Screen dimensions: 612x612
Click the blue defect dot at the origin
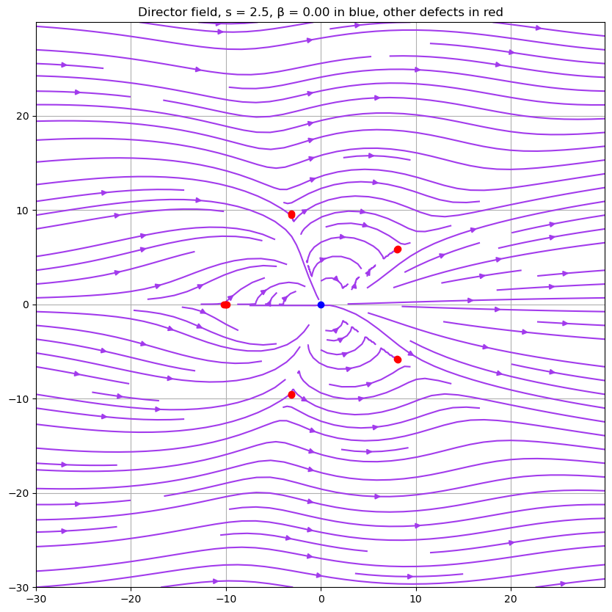321,305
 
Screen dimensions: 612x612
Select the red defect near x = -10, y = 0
225,305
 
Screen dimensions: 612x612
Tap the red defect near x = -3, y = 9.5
291,214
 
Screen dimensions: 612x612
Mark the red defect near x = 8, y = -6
398,360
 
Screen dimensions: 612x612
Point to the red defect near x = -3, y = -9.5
291,395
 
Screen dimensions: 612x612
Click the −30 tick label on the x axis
36,598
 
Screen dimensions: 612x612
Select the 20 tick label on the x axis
511,598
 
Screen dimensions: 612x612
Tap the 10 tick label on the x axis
416,598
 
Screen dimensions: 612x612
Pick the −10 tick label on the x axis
225,598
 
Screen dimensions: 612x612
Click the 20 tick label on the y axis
21,116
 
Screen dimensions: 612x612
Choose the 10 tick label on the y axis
21,211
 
